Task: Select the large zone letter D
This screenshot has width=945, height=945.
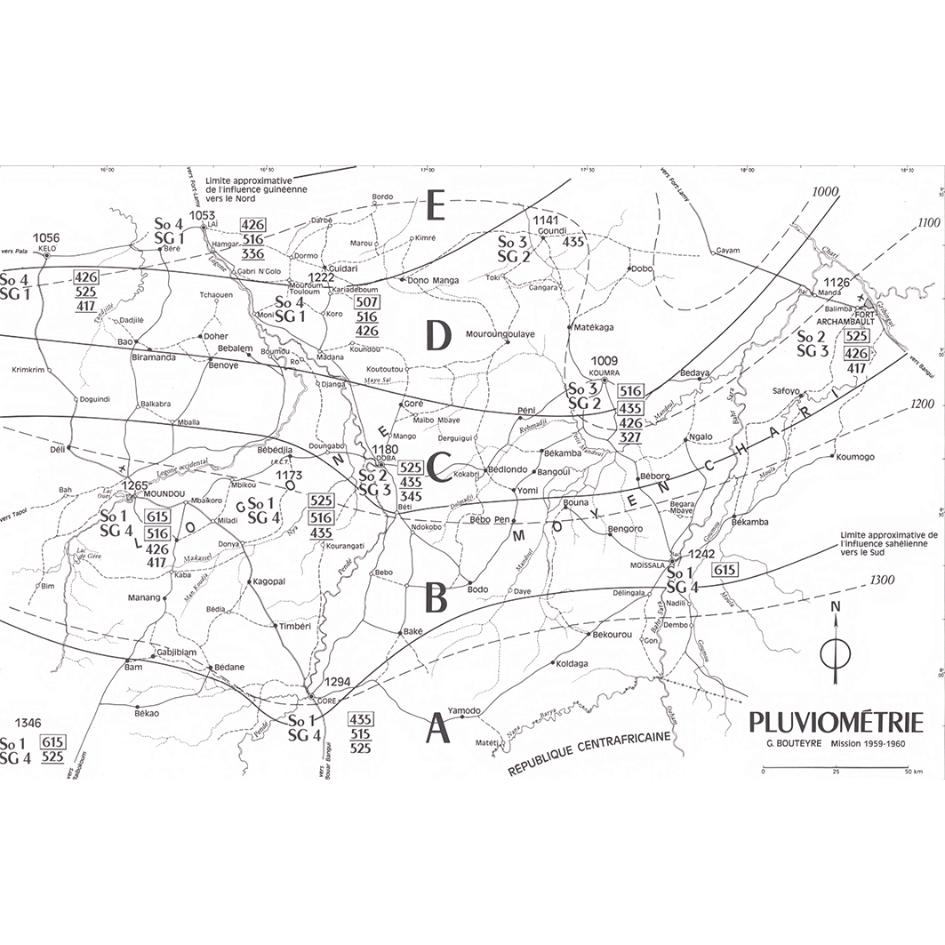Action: [439, 335]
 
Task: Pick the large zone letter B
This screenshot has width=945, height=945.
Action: [435, 599]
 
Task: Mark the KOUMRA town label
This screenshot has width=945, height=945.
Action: [605, 372]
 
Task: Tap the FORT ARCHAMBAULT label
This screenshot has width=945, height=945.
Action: [845, 319]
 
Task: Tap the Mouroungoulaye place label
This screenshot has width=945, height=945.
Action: [501, 333]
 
